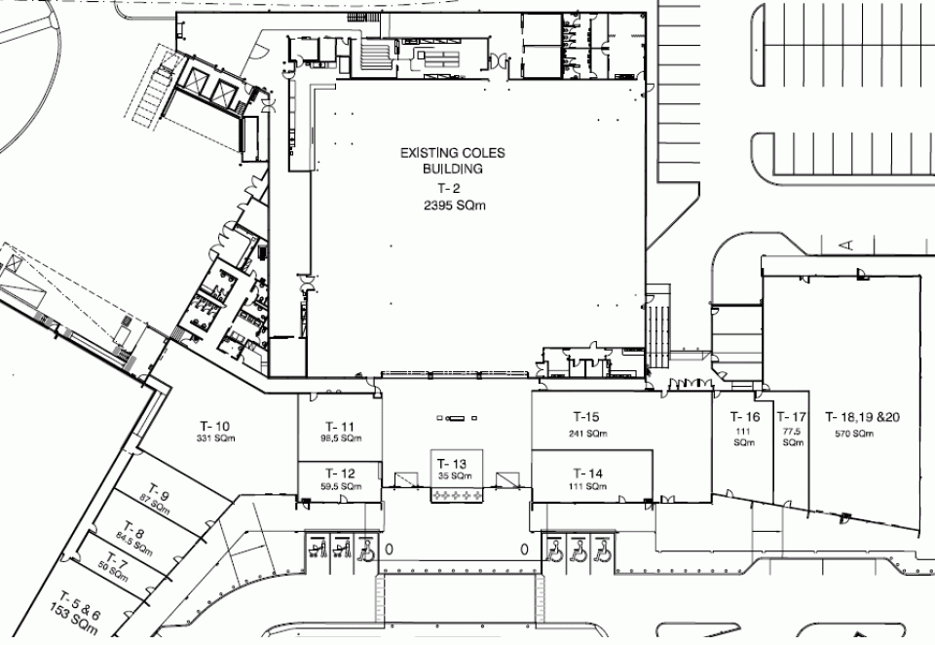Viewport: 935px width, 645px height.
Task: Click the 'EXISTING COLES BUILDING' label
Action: click(x=453, y=161)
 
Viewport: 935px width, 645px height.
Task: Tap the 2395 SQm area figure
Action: click(x=455, y=206)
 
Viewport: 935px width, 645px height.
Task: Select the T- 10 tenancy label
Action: click(x=214, y=426)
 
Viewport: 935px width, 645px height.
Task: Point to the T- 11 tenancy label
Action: click(x=340, y=427)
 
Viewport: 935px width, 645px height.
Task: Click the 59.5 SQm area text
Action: click(x=341, y=486)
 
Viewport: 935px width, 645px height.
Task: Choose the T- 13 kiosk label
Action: click(x=452, y=464)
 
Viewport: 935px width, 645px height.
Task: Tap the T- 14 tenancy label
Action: click(x=588, y=474)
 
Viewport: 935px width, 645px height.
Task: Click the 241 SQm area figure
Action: click(x=588, y=434)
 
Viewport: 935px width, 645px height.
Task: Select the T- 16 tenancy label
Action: click(x=745, y=416)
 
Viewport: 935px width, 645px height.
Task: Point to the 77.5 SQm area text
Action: click(x=793, y=436)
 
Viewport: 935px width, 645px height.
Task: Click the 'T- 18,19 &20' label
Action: click(x=863, y=416)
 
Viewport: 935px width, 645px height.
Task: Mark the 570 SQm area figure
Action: click(x=854, y=434)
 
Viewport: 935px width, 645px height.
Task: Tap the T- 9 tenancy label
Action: click(x=159, y=492)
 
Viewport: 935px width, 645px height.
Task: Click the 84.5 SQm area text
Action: click(x=134, y=545)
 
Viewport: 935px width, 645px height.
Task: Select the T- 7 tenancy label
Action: click(x=118, y=562)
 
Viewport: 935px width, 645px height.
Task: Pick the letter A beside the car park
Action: click(x=846, y=244)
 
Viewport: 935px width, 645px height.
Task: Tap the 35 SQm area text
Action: click(x=455, y=476)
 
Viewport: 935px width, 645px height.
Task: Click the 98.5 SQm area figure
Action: click(x=341, y=438)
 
